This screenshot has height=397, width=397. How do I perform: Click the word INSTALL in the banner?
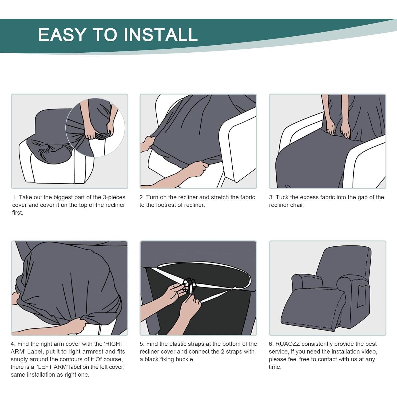161,35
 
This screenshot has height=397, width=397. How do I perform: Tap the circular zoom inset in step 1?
95,128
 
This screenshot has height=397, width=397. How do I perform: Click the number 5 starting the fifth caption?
141,344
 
